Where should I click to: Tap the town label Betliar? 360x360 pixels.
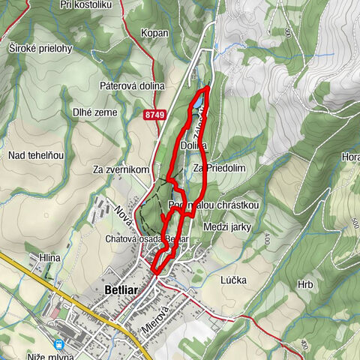click(115, 289)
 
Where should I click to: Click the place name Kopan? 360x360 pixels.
click(154, 34)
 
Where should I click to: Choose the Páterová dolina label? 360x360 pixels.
click(132, 86)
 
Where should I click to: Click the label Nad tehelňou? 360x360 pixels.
click(36, 155)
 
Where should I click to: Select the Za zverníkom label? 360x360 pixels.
click(121, 169)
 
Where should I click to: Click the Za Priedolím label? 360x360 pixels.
click(220, 169)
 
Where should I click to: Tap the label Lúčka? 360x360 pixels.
click(234, 280)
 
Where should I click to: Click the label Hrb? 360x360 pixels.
click(304, 285)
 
